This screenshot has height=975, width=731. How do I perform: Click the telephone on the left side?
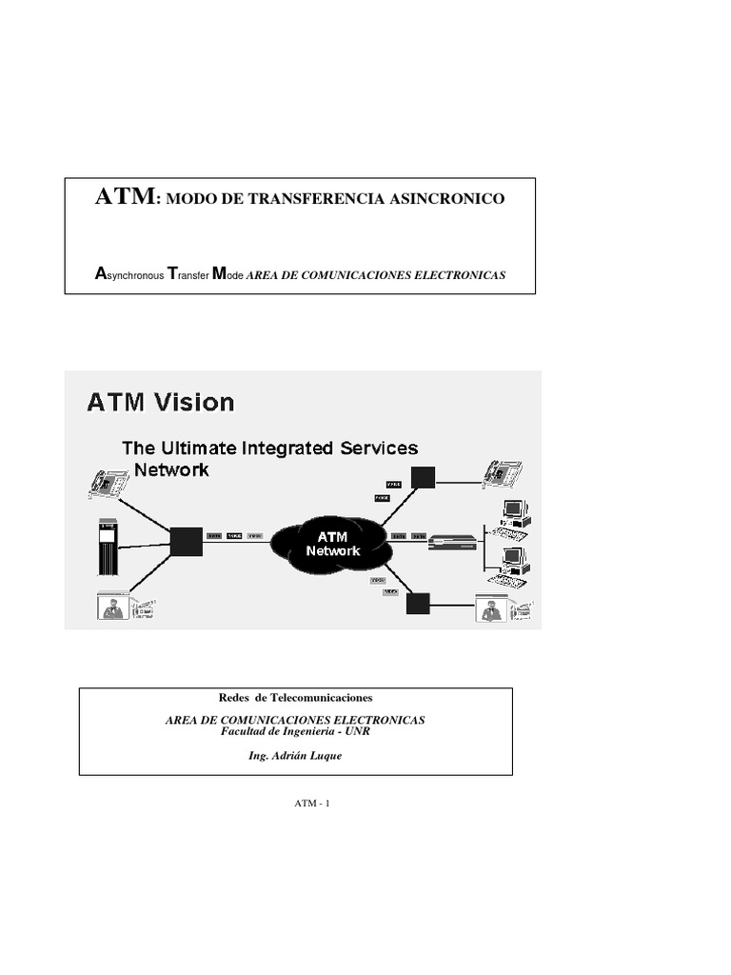click(x=108, y=482)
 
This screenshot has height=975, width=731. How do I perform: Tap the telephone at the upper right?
click(x=502, y=472)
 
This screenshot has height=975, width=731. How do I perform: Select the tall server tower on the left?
click(x=107, y=547)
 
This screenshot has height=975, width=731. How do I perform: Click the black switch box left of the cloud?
click(x=186, y=540)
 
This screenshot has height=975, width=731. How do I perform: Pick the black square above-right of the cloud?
click(x=423, y=477)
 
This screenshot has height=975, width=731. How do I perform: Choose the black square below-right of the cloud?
click(x=418, y=604)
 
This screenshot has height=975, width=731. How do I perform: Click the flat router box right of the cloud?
click(x=451, y=543)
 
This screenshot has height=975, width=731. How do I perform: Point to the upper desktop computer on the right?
click(x=514, y=515)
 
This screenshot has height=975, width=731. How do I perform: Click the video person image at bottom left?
click(x=114, y=607)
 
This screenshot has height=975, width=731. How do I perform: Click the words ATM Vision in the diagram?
click(x=160, y=403)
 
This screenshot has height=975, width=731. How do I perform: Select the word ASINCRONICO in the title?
click(x=449, y=200)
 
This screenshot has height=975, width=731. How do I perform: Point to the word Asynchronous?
click(x=128, y=275)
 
